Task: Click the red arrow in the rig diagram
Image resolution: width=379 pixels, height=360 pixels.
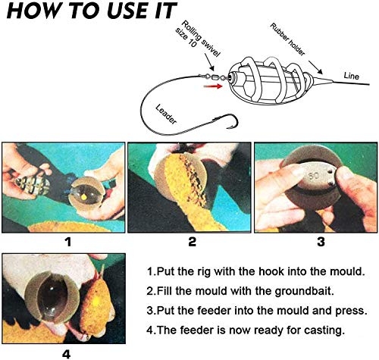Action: pyautogui.click(x=213, y=86)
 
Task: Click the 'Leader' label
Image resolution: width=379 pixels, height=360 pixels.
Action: pyautogui.click(x=166, y=114)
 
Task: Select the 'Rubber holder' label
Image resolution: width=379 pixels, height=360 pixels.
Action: pyautogui.click(x=287, y=39)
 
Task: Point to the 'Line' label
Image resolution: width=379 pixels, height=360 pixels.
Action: pyautogui.click(x=351, y=76)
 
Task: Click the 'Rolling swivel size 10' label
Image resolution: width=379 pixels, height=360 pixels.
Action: pyautogui.click(x=197, y=39)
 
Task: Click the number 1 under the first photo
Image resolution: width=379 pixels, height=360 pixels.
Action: pyautogui.click(x=68, y=242)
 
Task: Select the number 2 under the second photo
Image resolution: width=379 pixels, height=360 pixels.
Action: pyautogui.click(x=192, y=242)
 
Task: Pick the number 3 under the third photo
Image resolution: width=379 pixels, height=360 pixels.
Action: pyautogui.click(x=321, y=242)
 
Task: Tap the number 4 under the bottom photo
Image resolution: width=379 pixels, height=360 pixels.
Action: pyautogui.click(x=66, y=355)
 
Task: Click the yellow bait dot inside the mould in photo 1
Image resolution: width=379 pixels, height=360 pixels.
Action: pyautogui.click(x=84, y=196)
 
